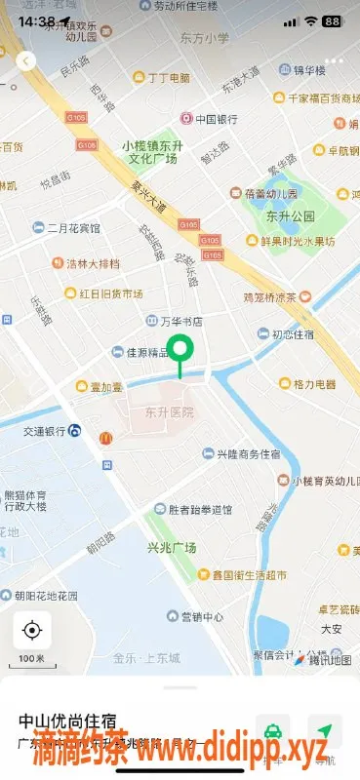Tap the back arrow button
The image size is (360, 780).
[26, 60]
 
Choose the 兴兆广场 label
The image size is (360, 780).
[172, 548]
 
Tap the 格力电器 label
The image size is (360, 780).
[307, 384]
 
